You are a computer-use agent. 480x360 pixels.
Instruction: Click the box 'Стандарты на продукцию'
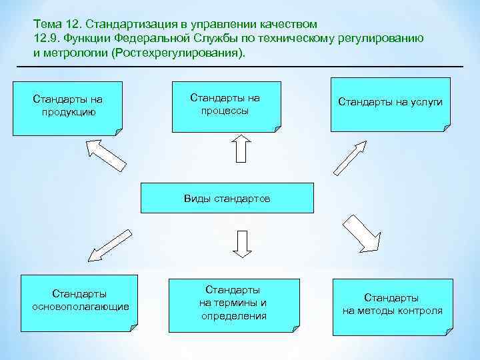tap(67, 107)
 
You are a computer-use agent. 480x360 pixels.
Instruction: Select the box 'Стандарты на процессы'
tap(225, 105)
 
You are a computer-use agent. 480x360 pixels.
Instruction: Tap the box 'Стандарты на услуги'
tap(390, 103)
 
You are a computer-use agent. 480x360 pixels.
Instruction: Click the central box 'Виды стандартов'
tap(227, 199)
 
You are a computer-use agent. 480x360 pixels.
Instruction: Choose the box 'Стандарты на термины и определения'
tap(233, 303)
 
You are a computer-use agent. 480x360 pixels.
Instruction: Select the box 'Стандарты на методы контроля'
tap(392, 304)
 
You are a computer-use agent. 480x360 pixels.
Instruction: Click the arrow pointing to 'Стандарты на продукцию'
tap(107, 155)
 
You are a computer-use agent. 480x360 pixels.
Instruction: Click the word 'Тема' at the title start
tap(46, 23)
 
